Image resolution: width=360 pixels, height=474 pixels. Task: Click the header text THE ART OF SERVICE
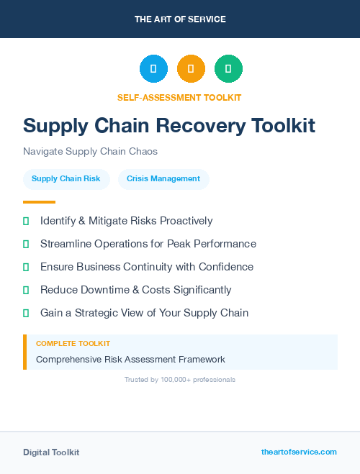pos(180,19)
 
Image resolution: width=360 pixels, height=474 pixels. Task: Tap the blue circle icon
pos(153,69)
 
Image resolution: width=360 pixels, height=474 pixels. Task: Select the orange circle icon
pos(191,69)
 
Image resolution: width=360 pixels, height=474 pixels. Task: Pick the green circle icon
pos(228,69)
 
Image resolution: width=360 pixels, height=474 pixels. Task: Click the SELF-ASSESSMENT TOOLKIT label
pos(179,97)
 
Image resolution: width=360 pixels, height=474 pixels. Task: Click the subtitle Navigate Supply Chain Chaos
pos(90,151)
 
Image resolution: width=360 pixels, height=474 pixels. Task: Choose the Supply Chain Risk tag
pos(66,179)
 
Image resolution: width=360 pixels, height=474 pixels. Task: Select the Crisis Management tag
pos(163,179)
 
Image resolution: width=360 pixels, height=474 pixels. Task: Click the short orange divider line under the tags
pos(39,202)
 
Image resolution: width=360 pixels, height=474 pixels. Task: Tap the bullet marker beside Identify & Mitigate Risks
pos(26,221)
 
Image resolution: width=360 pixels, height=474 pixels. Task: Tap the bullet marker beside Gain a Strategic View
pos(26,313)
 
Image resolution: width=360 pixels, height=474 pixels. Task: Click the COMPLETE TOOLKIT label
pos(73,344)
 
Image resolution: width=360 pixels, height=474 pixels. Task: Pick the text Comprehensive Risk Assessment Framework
pos(130,359)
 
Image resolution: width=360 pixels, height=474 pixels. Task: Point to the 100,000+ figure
pos(175,379)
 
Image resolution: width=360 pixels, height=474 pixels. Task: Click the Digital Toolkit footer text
pos(51,452)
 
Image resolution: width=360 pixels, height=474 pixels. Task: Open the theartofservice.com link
pos(299,452)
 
